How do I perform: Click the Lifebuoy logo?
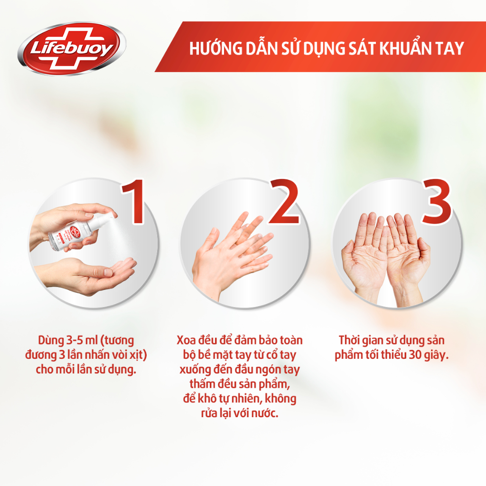point(72,49)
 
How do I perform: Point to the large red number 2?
point(284,203)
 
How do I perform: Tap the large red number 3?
point(436,203)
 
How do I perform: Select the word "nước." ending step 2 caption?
point(264,413)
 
